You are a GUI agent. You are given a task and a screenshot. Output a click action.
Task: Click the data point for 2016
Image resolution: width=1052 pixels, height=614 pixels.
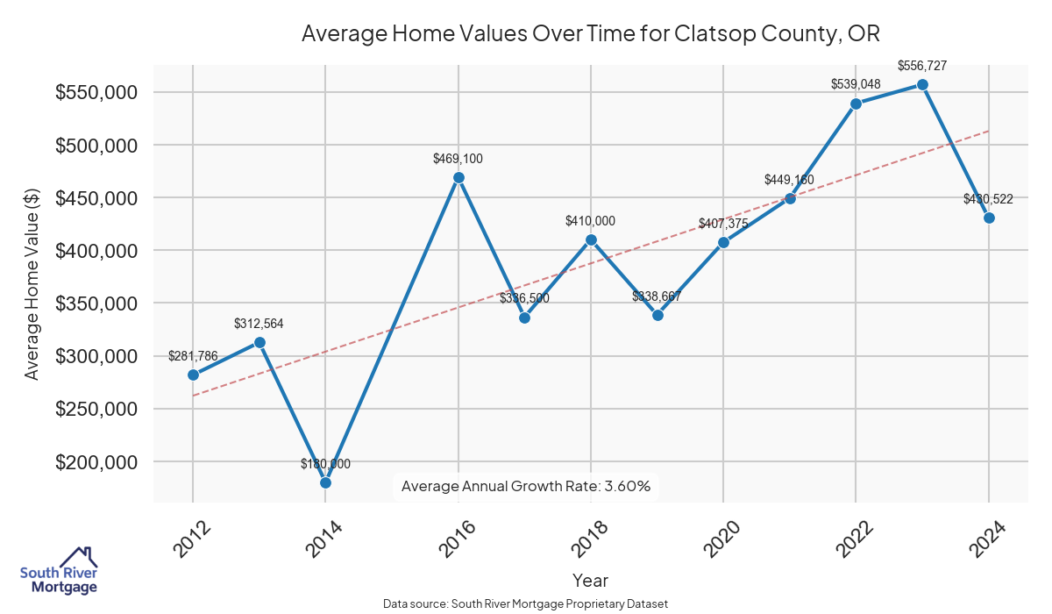point(458,177)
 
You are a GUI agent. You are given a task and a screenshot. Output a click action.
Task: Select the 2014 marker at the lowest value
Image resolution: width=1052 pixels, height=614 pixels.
point(325,482)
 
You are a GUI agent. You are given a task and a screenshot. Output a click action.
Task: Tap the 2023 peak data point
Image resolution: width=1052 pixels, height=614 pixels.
point(922,85)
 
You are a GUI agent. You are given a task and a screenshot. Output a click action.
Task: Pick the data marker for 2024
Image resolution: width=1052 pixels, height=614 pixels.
point(989,218)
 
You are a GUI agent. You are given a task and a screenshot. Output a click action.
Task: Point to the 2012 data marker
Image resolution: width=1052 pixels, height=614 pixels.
point(193,375)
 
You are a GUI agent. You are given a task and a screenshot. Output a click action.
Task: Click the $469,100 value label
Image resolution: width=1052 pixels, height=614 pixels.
point(458,159)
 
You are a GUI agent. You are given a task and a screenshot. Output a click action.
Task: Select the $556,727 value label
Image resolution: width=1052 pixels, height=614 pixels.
point(922,66)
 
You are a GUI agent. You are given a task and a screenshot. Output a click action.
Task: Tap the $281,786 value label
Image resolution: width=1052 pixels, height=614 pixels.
point(193,356)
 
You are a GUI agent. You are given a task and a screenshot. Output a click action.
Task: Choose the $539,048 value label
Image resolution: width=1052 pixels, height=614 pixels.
point(856,84)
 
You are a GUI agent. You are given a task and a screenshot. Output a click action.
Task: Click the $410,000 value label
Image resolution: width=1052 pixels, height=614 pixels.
point(591,221)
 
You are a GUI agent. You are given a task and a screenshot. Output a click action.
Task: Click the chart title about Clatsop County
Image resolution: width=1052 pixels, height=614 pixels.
point(590,34)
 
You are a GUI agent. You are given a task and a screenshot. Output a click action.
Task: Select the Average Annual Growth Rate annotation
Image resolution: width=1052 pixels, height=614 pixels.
point(525,486)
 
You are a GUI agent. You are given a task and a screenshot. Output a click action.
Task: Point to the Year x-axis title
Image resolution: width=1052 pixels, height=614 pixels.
point(590,580)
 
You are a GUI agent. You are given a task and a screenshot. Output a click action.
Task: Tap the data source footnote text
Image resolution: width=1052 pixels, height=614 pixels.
point(526,604)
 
